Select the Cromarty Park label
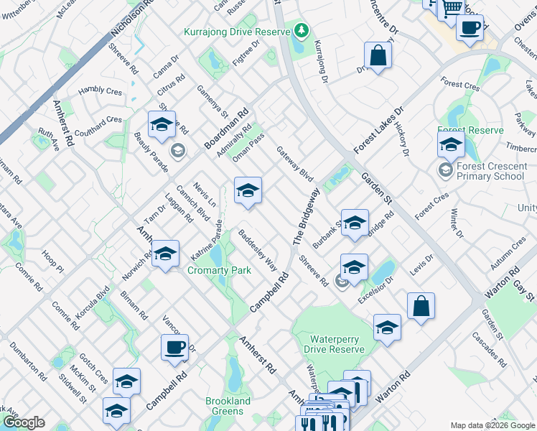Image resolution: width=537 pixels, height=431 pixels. tap(219, 270)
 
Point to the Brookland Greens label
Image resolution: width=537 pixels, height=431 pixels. tap(228, 406)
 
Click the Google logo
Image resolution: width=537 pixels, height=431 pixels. tap(24, 422)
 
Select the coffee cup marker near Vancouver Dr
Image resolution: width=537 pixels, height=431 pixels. tap(174, 348)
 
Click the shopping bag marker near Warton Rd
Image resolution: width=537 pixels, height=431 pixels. tap(421, 305)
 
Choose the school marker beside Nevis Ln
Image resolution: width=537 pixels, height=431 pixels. tap(248, 190)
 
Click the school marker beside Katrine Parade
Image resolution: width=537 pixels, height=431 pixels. tap(166, 254)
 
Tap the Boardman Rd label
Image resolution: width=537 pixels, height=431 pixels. tap(225, 129)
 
